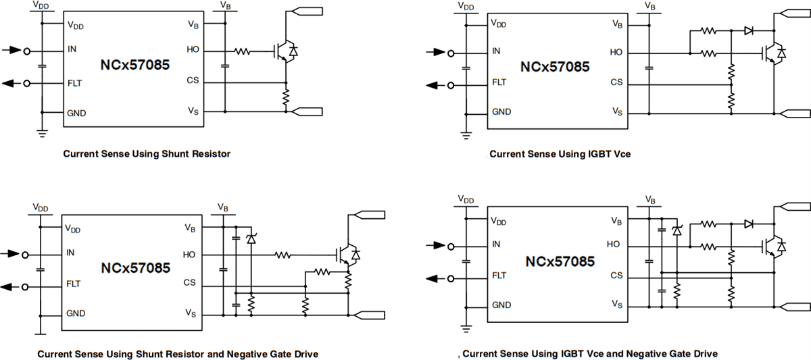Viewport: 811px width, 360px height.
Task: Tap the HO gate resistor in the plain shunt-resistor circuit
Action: (x=243, y=51)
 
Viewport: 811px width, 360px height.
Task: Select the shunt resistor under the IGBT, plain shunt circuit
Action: (x=286, y=99)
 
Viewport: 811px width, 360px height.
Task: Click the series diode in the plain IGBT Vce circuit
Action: (x=748, y=30)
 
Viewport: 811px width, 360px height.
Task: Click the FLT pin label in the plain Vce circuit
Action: (x=499, y=82)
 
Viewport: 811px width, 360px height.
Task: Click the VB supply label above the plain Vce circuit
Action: (x=649, y=6)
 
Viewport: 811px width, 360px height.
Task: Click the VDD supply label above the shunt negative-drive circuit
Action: (x=40, y=207)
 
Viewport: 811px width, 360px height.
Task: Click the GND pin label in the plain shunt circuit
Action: (x=76, y=112)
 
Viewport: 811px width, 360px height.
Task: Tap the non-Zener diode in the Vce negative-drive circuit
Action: (x=748, y=224)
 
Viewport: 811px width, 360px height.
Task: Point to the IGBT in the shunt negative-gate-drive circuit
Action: (x=347, y=254)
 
